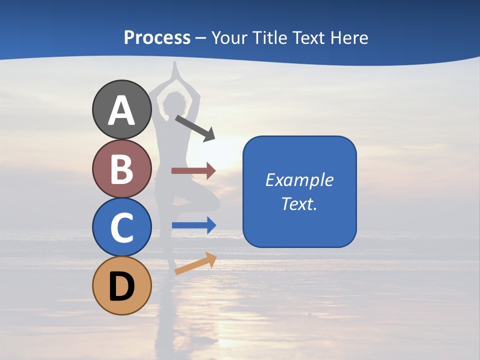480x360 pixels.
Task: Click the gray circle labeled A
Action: pyautogui.click(x=121, y=109)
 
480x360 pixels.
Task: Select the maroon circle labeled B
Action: pyautogui.click(x=121, y=168)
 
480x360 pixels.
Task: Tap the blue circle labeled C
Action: pyautogui.click(x=121, y=227)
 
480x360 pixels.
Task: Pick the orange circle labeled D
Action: pyautogui.click(x=121, y=286)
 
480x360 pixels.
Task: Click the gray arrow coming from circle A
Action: pyautogui.click(x=195, y=128)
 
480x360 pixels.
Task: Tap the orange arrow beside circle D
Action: pyautogui.click(x=195, y=263)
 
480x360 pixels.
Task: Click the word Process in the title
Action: pyautogui.click(x=157, y=37)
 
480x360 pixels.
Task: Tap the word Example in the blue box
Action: pyautogui.click(x=299, y=180)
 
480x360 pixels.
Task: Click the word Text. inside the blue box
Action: pyautogui.click(x=299, y=203)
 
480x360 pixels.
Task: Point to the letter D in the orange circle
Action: pyautogui.click(x=121, y=286)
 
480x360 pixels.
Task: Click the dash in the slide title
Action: pyautogui.click(x=200, y=38)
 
